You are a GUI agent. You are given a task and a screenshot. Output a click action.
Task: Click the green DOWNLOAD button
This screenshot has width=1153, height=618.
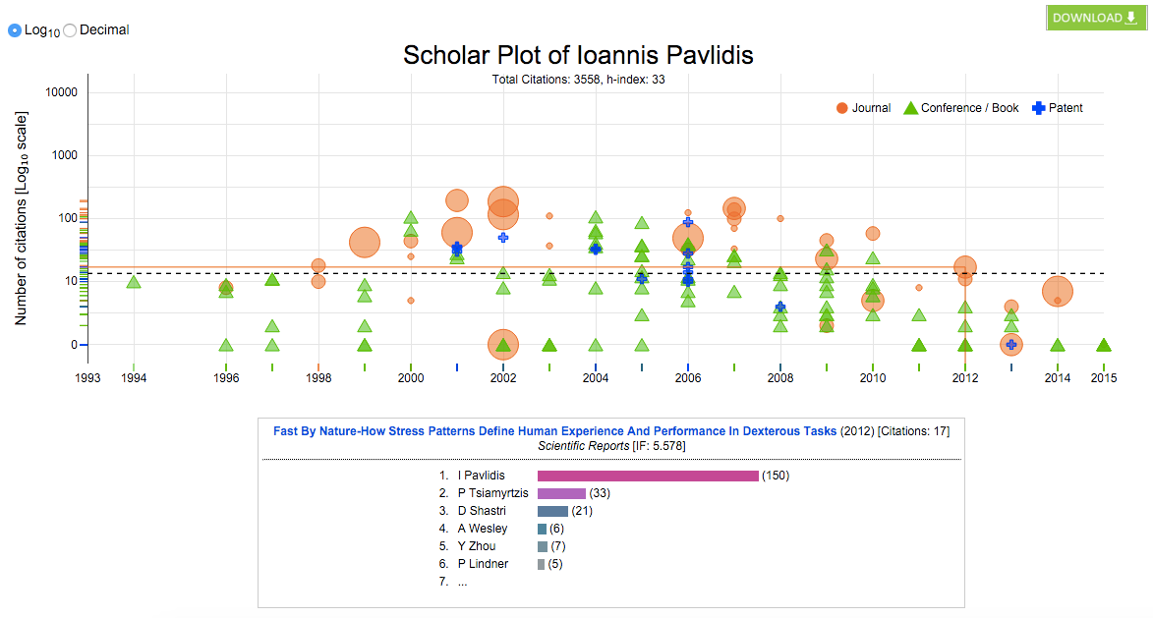tap(1096, 18)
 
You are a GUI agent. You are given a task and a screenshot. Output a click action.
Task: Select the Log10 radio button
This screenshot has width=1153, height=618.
tap(15, 30)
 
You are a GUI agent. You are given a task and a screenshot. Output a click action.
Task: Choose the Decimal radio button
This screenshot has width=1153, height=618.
tap(70, 30)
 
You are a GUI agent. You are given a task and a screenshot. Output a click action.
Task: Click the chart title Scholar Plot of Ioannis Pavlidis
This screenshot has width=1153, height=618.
tap(578, 55)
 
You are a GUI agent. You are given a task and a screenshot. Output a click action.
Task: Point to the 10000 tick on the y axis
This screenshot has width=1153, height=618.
tap(62, 92)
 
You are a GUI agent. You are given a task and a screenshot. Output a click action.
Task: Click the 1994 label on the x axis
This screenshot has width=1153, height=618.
tap(134, 377)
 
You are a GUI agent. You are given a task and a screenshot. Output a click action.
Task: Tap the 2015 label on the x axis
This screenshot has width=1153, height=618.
tap(1104, 377)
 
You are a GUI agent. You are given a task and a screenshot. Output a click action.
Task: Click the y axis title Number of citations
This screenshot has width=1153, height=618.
tap(21, 218)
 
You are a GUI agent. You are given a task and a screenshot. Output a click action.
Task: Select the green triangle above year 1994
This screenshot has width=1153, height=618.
tap(134, 283)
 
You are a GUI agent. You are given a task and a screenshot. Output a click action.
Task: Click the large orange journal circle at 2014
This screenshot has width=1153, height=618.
tap(1057, 292)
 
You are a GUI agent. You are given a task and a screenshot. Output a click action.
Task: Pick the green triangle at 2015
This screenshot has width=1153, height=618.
tap(1104, 345)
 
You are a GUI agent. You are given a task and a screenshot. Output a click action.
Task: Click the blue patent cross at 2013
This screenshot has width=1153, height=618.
tap(1010, 344)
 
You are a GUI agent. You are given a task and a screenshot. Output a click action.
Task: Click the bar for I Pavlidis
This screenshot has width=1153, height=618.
tap(648, 476)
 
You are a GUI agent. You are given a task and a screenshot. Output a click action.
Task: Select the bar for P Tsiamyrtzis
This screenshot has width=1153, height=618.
tap(561, 493)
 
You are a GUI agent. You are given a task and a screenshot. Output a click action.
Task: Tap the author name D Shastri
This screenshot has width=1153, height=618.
tap(483, 511)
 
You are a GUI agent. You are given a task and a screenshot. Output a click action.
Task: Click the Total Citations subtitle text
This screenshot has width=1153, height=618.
tap(578, 79)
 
